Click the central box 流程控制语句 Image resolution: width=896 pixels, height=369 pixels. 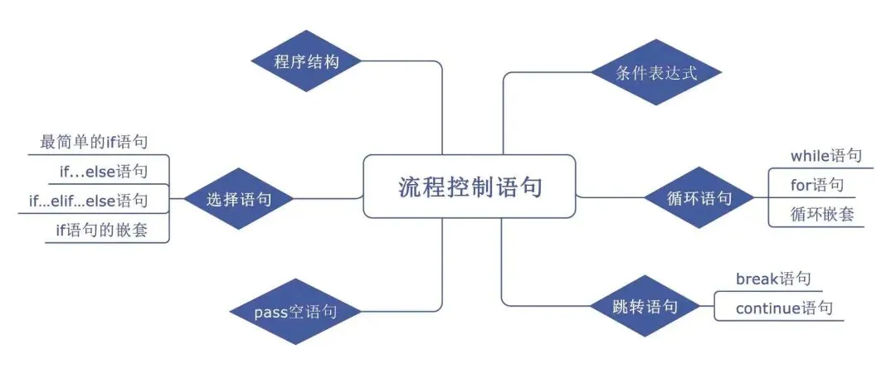click(x=470, y=187)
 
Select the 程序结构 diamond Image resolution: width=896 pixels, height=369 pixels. click(x=306, y=61)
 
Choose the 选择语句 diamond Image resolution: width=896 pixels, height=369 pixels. click(x=238, y=199)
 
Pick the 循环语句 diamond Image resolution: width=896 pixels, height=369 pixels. click(x=699, y=198)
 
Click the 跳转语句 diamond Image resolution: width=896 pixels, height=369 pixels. click(x=645, y=307)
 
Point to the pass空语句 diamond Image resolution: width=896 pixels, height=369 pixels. click(x=295, y=312)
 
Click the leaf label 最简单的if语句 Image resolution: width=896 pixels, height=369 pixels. click(x=94, y=142)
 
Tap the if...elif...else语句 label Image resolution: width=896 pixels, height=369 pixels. click(x=88, y=200)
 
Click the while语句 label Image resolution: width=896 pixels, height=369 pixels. click(x=826, y=155)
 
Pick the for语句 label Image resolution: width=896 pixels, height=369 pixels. click(x=817, y=184)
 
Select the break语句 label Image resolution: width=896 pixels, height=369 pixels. click(x=773, y=279)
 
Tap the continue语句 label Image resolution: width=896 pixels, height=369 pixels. click(x=784, y=308)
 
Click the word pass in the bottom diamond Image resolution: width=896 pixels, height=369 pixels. click(x=270, y=313)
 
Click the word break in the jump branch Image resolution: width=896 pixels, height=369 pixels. click(x=757, y=279)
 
